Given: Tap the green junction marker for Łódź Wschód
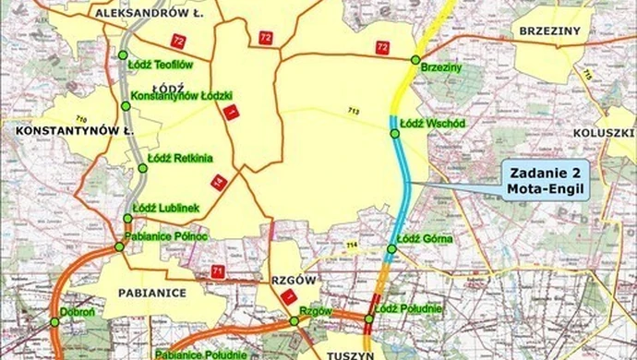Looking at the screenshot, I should point(394,135).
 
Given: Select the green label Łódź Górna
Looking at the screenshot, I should point(422,238).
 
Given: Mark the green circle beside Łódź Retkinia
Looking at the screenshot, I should point(143,168).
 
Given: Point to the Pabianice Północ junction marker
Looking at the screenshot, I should point(119,247).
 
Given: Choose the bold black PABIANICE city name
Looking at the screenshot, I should point(152,292).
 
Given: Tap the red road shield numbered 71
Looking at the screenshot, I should point(219,271).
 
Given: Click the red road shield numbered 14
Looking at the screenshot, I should point(219,183).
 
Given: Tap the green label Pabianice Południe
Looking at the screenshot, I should point(200,354).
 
